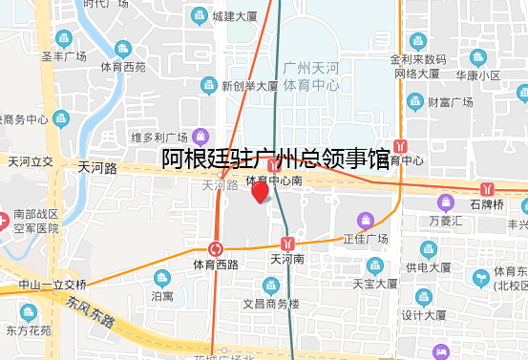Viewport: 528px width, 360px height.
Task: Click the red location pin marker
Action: coord(260,192)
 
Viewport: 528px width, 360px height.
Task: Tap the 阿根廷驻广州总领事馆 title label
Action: coord(275,159)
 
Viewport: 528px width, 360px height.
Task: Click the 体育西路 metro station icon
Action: coord(216,248)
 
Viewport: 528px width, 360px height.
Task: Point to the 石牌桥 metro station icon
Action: coord(488,187)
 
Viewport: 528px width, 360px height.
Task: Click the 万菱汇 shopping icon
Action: coord(445,202)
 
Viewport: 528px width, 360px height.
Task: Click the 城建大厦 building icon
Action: coord(199,15)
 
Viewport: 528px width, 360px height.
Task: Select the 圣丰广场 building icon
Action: coord(63,39)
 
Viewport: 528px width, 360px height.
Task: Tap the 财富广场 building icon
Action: coord(415,101)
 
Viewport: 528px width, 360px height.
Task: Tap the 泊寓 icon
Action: coord(161,278)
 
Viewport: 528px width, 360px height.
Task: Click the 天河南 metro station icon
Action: coord(286,242)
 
